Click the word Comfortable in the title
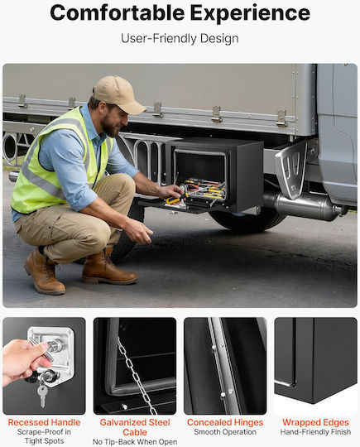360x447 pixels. tap(118, 12)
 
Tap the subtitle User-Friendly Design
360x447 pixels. tap(180, 38)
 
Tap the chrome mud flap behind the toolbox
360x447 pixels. tap(291, 169)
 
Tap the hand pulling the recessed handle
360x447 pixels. tap(23, 362)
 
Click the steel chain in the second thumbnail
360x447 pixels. tap(137, 377)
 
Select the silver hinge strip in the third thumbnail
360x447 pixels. tap(223, 367)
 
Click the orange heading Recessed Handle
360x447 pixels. tap(44, 422)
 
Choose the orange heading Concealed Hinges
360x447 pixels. tap(225, 422)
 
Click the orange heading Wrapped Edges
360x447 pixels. tap(315, 422)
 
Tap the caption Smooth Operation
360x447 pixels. tap(225, 432)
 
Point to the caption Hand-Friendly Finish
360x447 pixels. tap(315, 432)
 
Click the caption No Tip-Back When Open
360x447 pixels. tap(135, 442)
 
